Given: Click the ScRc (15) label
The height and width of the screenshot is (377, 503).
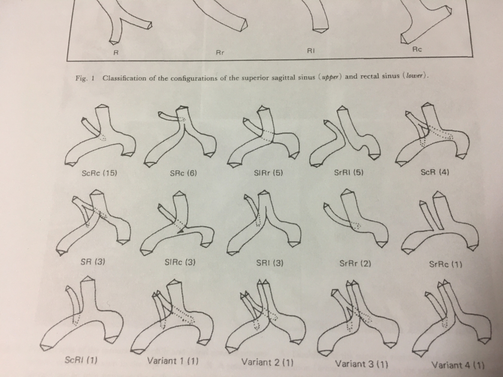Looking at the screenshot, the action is [x=99, y=173].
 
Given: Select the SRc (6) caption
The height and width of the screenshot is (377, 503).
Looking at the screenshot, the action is [x=183, y=173].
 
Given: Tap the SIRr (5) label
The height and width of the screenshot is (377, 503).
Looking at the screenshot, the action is [x=269, y=173].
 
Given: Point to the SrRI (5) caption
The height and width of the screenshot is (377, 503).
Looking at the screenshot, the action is [x=349, y=172].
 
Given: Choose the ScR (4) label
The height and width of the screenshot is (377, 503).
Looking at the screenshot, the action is [x=435, y=172].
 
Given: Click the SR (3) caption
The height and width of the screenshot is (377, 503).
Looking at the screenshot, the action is [x=93, y=262].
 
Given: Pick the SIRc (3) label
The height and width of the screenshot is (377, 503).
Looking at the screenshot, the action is [x=180, y=262].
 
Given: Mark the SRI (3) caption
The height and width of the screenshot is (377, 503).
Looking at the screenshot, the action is [x=270, y=263].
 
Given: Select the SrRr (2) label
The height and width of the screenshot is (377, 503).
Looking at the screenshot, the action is [x=355, y=264].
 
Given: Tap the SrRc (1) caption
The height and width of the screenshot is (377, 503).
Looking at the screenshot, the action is [x=446, y=265].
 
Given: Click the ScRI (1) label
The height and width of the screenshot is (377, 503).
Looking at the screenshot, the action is [x=81, y=360].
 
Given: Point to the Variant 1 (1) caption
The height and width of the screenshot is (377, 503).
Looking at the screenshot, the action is [x=172, y=361].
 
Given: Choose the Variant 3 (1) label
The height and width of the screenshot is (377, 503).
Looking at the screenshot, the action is [x=362, y=364].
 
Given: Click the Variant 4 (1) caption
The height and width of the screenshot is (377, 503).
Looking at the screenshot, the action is [x=458, y=365].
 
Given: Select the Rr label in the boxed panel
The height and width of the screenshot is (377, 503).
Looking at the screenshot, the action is [x=220, y=53].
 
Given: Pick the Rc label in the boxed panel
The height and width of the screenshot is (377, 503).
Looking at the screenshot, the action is [x=417, y=50].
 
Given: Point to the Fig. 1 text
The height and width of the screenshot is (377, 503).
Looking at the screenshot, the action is [x=85, y=78].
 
